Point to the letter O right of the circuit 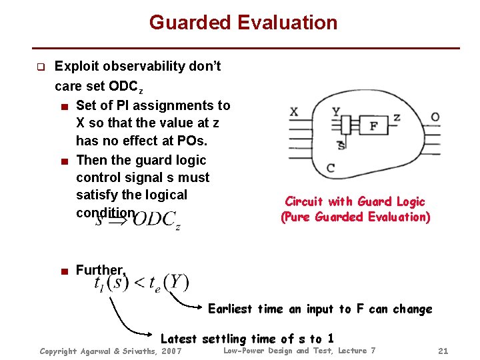(435, 117)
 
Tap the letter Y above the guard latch (335, 111)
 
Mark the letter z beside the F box (397, 117)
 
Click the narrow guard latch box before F (345, 125)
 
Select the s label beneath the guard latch (341, 145)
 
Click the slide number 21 (443, 351)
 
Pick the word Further (99, 270)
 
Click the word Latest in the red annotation (179, 339)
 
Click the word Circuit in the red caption (304, 201)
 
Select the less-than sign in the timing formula (139, 283)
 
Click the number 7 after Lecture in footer (373, 351)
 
